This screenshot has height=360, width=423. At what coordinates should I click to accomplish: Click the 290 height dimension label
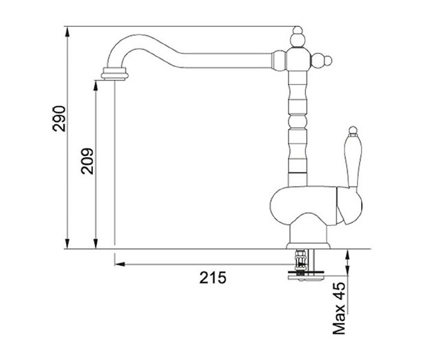59,119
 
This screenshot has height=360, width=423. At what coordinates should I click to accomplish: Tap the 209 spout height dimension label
87,161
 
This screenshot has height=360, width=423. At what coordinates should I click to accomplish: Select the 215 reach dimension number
213,278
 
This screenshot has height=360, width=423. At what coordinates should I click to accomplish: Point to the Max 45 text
339,308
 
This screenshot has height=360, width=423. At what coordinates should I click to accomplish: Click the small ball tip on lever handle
353,130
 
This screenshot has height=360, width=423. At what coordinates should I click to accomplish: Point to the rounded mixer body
316,206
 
